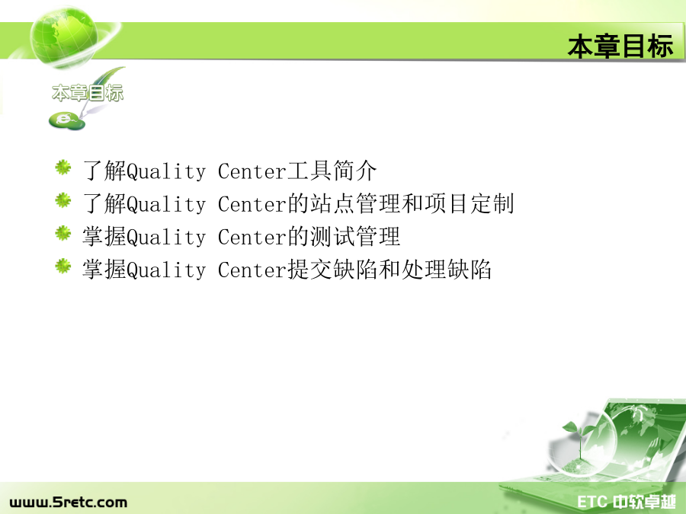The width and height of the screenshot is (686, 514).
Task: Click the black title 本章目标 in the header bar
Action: (620, 46)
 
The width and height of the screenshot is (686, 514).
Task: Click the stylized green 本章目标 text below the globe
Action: (88, 93)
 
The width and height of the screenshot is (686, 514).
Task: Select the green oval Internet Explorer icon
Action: (67, 120)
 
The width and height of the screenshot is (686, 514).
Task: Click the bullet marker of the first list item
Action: (63, 168)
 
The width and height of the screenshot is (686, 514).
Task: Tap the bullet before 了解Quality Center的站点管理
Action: (63, 200)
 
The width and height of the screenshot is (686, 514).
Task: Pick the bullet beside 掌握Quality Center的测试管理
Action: (63, 233)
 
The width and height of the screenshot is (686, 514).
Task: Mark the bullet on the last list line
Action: (63, 266)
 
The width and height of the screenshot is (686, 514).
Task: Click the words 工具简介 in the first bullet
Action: (332, 171)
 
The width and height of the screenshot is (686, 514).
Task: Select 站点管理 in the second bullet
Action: (355, 203)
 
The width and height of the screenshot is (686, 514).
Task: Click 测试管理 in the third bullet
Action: (355, 237)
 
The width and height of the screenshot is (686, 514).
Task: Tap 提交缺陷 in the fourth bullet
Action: (332, 270)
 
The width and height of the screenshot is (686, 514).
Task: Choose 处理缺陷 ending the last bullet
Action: (446, 270)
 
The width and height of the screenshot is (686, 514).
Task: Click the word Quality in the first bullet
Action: (166, 171)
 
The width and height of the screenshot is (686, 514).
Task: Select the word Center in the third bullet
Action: (252, 238)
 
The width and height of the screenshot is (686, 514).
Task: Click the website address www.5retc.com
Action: (69, 503)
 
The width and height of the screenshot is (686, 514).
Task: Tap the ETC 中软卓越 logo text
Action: (627, 502)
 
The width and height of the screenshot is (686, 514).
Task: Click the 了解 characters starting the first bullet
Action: (104, 171)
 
